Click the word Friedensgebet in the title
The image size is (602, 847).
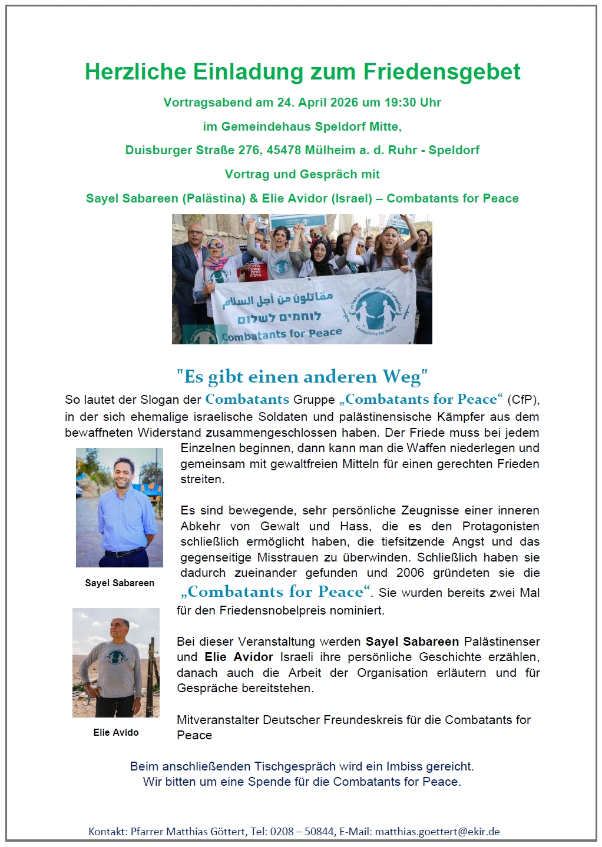coord(441,72)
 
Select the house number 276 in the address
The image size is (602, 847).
coord(249,150)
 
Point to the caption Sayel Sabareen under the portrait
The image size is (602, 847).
coord(120,583)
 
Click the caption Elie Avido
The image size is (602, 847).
coord(116,732)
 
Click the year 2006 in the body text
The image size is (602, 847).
coord(410,573)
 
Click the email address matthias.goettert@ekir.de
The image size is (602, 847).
coord(437,832)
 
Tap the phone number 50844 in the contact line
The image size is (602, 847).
coord(319,832)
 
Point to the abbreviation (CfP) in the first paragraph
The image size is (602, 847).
coord(523,400)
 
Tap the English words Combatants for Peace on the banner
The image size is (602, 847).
coord(282,334)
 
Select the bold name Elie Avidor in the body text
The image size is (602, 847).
coord(239,657)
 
